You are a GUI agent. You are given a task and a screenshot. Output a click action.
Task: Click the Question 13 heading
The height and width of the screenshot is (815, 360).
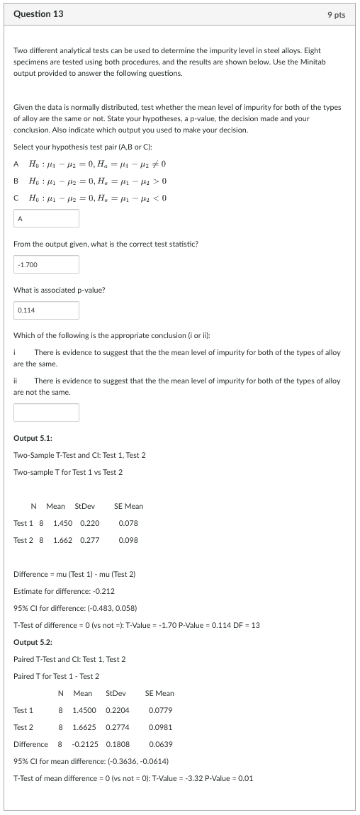click(x=39, y=14)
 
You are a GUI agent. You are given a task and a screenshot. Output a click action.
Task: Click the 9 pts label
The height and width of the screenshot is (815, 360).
click(x=336, y=15)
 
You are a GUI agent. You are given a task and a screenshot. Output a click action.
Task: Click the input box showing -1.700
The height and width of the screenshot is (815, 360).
click(x=46, y=264)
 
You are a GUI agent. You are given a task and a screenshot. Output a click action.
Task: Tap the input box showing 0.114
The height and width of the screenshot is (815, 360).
click(x=46, y=310)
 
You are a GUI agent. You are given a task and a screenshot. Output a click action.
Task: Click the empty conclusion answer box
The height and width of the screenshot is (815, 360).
click(x=46, y=412)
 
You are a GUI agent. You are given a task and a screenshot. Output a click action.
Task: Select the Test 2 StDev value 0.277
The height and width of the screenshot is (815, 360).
click(x=89, y=540)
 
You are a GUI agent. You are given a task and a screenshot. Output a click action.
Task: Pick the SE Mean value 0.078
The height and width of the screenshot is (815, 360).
click(x=128, y=523)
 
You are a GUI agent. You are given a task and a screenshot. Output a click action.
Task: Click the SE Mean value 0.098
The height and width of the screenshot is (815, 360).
click(x=128, y=540)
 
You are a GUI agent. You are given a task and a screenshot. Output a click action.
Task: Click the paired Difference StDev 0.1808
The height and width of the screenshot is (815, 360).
click(x=117, y=744)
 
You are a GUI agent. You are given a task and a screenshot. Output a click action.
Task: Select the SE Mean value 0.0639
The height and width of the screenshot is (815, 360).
click(x=160, y=744)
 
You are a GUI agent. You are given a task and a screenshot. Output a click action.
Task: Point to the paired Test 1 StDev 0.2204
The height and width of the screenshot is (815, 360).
click(x=117, y=710)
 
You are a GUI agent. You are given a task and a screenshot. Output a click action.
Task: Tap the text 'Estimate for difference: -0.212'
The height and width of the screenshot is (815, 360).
click(x=64, y=590)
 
